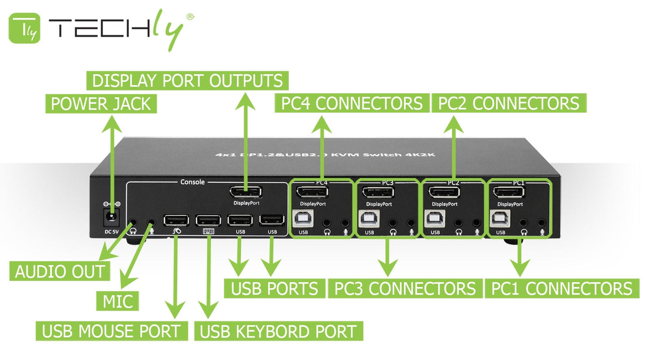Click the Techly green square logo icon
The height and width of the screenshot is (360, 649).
click(x=24, y=28)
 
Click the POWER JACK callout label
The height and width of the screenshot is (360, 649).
click(x=101, y=104)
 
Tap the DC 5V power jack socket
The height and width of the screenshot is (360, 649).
click(x=111, y=218)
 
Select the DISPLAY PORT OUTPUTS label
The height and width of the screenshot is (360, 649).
click(x=187, y=81)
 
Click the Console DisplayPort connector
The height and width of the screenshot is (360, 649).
click(x=246, y=192)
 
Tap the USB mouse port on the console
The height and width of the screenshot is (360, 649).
click(x=176, y=220)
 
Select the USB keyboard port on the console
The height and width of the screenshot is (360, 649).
click(x=208, y=220)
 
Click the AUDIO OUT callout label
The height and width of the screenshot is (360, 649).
click(x=60, y=272)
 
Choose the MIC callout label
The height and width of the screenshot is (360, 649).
click(x=118, y=301)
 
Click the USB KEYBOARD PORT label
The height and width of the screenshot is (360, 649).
click(x=278, y=332)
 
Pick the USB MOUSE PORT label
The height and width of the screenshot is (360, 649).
click(x=111, y=332)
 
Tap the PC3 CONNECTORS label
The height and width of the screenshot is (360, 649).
click(x=405, y=289)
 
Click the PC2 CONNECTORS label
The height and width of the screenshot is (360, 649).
click(x=508, y=104)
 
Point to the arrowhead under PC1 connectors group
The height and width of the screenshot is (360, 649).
click(x=520, y=268)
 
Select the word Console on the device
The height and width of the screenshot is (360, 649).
click(x=192, y=182)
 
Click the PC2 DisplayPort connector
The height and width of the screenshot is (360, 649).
click(x=444, y=193)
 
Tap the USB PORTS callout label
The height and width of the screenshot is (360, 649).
click(x=274, y=289)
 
